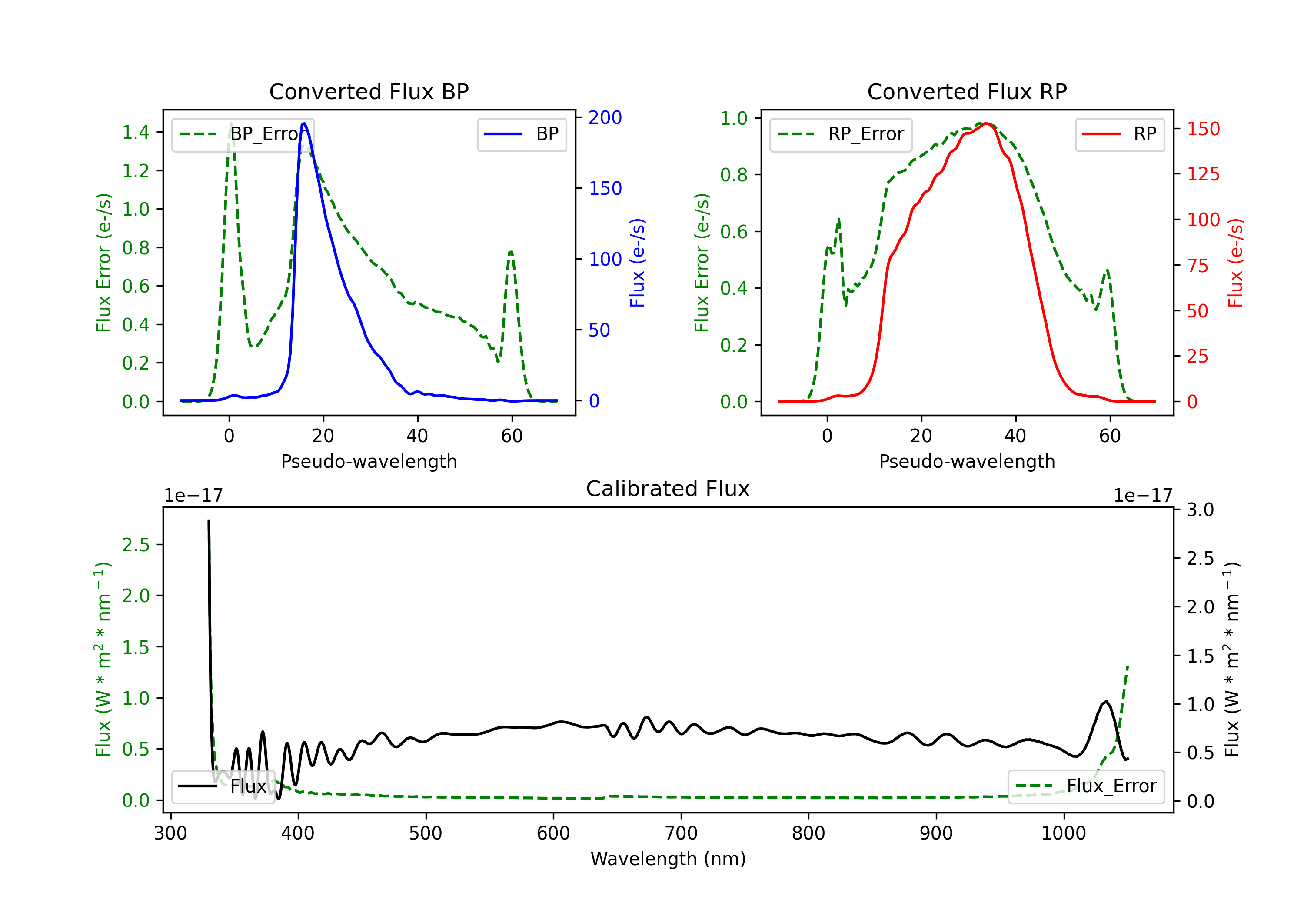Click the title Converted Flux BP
(x=369, y=91)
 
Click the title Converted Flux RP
(x=967, y=91)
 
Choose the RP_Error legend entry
(x=841, y=134)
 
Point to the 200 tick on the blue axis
(x=605, y=118)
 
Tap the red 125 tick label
(x=1203, y=174)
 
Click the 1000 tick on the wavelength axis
(x=1063, y=833)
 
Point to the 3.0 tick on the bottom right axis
(x=1200, y=510)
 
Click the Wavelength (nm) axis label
(x=668, y=859)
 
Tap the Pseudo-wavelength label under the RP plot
(x=967, y=461)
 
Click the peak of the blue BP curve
(x=304, y=123)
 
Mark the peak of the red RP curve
(x=987, y=123)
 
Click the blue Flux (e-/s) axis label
(x=637, y=263)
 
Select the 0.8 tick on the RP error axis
(x=733, y=174)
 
